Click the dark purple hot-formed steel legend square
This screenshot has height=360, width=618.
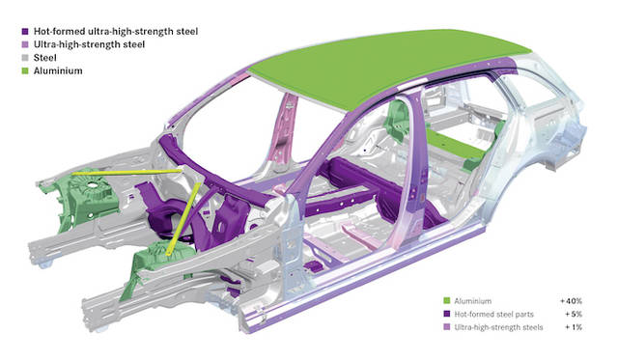25,32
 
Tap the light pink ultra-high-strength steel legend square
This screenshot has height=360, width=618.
25,44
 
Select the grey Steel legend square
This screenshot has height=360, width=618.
25,58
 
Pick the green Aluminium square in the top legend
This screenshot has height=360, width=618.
25,70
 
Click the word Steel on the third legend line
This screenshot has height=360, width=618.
45,58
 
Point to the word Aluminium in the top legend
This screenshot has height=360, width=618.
58,70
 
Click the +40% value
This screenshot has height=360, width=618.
571,301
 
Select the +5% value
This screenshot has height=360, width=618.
574,314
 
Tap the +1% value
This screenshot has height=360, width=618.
574,327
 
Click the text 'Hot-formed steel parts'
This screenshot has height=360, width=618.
493,314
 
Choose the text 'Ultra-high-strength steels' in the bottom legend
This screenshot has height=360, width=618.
498,327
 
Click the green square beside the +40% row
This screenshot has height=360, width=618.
446,301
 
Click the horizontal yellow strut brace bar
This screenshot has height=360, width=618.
126,172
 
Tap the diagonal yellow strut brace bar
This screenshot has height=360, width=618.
183,219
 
